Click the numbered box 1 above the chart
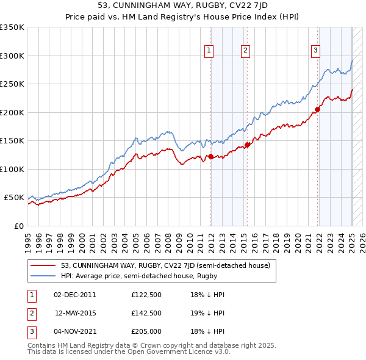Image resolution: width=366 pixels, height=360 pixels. (x=209, y=51)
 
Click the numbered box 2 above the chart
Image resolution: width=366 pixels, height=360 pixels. (x=245, y=51)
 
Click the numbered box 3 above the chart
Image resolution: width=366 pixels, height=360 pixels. (x=316, y=51)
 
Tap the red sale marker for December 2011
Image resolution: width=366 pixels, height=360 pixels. (x=211, y=157)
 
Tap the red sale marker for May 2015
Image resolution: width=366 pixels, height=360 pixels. (x=248, y=145)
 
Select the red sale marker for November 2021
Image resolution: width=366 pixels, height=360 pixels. (x=318, y=110)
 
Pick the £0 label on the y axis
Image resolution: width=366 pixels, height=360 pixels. (x=18, y=226)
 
